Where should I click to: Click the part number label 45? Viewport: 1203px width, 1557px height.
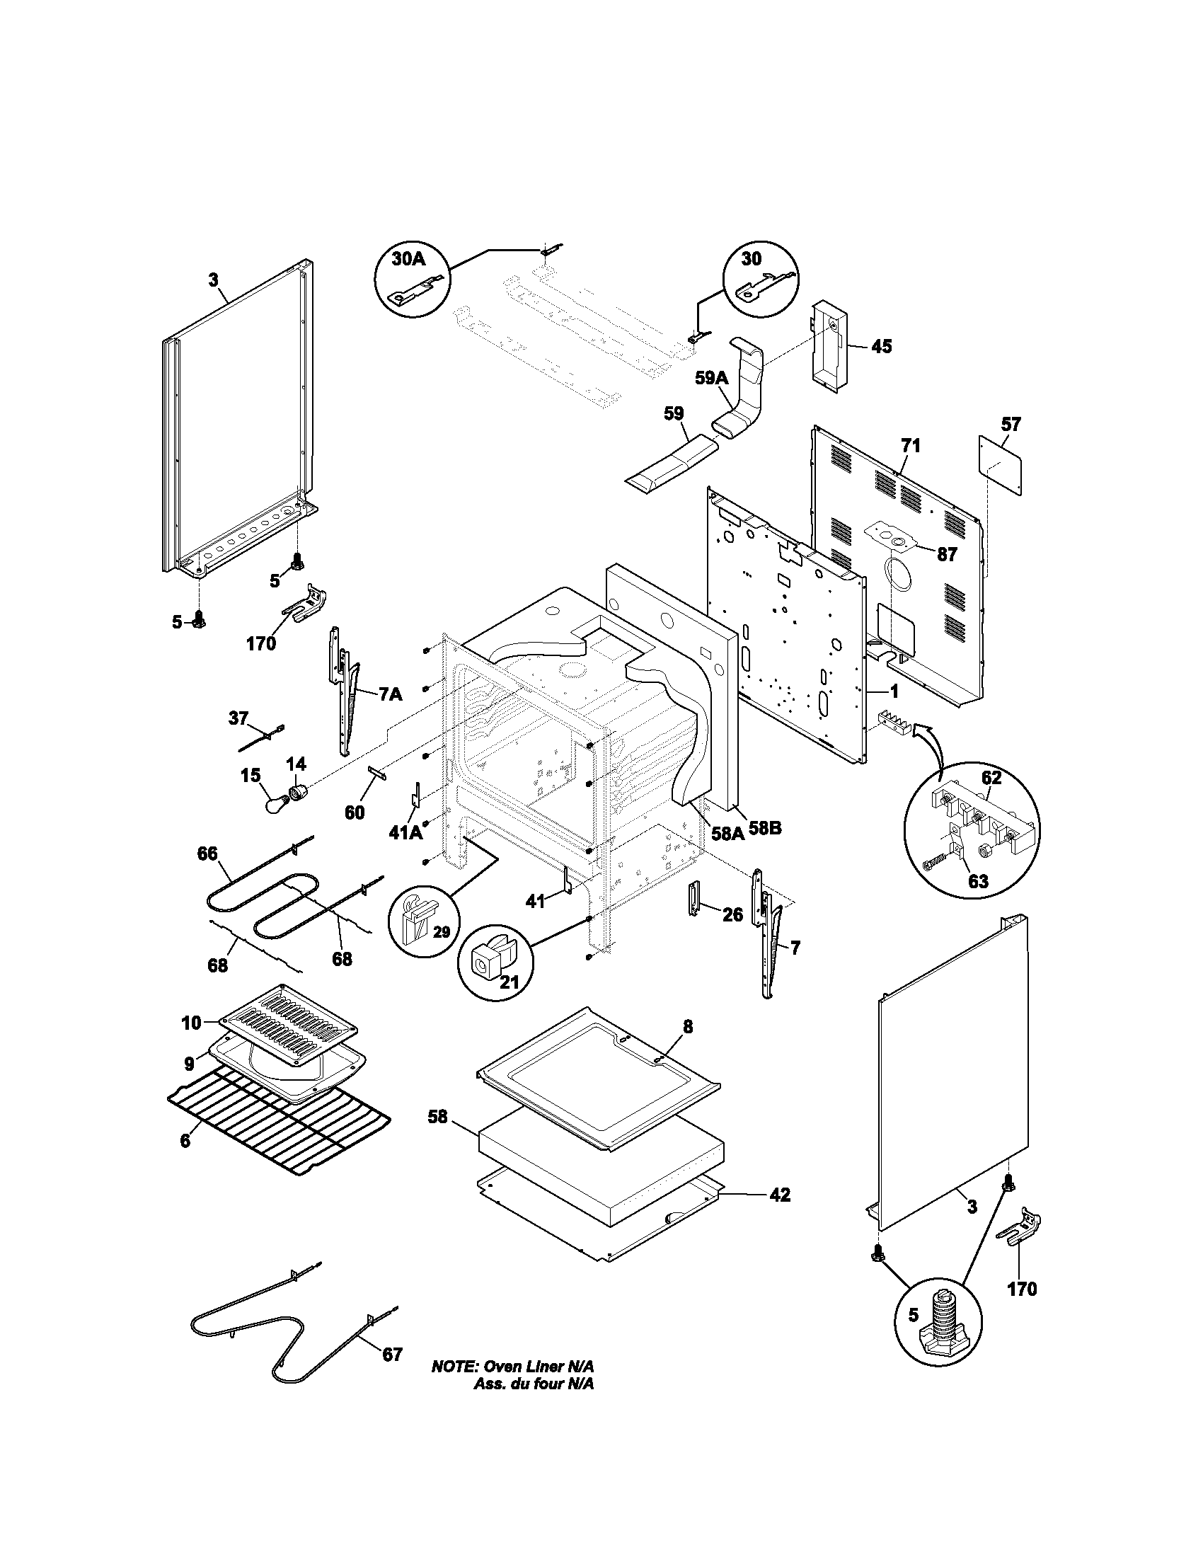[x=881, y=347]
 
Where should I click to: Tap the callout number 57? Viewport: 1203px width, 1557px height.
[x=1011, y=424]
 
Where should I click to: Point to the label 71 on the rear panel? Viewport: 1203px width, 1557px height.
[x=910, y=447]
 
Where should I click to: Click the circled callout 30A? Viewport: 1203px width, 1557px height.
[x=408, y=260]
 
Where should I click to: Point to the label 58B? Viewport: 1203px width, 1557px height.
[x=764, y=830]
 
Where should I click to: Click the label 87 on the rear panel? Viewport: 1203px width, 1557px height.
[x=946, y=554]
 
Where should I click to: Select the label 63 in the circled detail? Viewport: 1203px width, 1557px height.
[x=978, y=881]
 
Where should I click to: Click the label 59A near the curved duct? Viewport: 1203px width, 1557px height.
[x=712, y=378]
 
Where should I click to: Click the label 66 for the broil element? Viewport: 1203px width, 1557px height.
[x=207, y=854]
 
